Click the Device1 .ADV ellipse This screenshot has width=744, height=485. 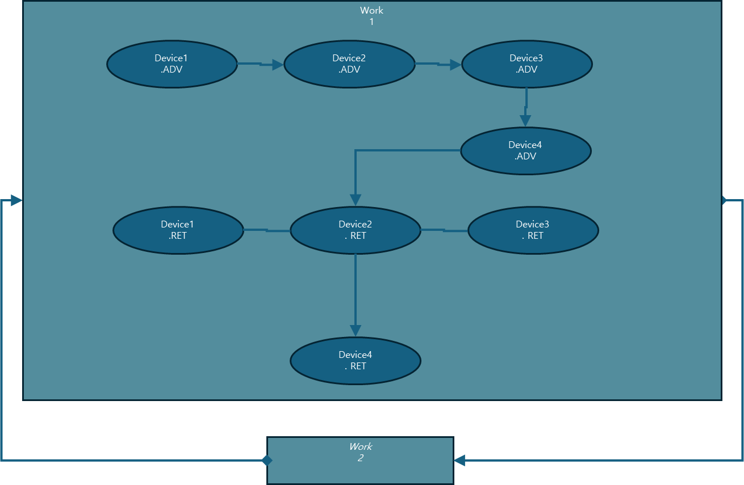pyautogui.click(x=172, y=64)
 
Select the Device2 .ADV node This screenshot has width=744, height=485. pyautogui.click(x=349, y=64)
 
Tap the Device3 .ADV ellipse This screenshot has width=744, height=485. pyautogui.click(x=526, y=64)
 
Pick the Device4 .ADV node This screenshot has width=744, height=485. pyautogui.click(x=525, y=150)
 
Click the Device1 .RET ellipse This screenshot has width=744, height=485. pyautogui.click(x=178, y=230)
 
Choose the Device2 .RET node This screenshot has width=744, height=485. pyautogui.click(x=355, y=230)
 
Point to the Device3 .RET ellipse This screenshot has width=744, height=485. pyautogui.click(x=533, y=230)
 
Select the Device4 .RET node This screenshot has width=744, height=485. pyautogui.click(x=355, y=360)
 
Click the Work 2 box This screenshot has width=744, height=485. pyautogui.click(x=360, y=460)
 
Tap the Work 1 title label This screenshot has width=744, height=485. pyautogui.click(x=371, y=16)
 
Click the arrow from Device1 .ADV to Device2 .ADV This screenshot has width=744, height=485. pyautogui.click(x=260, y=64)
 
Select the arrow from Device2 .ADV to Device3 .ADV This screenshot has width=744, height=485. pyautogui.click(x=437, y=64)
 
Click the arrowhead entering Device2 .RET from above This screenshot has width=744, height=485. pyautogui.click(x=356, y=200)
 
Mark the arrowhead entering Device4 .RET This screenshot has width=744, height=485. pyautogui.click(x=356, y=330)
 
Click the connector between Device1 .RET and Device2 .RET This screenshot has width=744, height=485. pyautogui.click(x=266, y=230)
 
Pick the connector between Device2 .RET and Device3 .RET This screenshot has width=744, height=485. pyautogui.click(x=444, y=230)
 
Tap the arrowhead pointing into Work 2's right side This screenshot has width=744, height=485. pyautogui.click(x=459, y=460)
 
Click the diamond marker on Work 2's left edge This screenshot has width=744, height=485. pyautogui.click(x=267, y=460)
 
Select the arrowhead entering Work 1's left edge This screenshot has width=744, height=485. pyautogui.click(x=16, y=200)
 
